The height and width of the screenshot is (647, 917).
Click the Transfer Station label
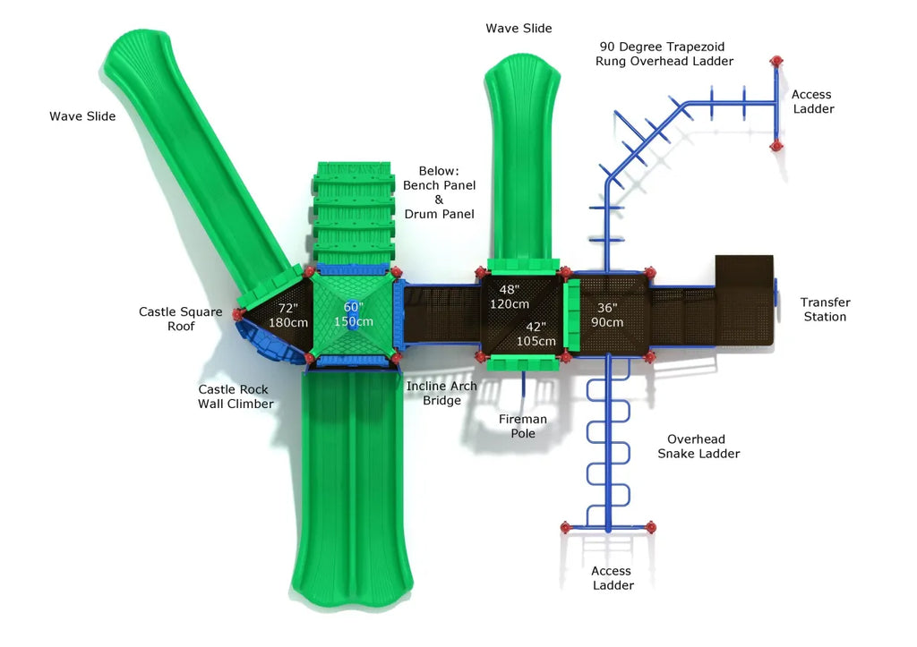tap(825, 309)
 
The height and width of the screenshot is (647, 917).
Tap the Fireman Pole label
tap(523, 426)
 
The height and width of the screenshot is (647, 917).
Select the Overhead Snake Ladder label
tap(698, 446)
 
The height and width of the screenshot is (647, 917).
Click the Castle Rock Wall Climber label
tap(236, 396)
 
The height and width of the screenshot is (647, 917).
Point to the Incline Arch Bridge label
tap(441, 393)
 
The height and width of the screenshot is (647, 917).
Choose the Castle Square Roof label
tap(181, 319)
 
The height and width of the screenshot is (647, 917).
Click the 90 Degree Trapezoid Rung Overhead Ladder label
tap(664, 54)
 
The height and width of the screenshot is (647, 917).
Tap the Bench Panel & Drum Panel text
tap(439, 192)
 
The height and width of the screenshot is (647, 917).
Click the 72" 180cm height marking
tap(287, 315)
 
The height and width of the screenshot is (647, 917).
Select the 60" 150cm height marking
tap(353, 314)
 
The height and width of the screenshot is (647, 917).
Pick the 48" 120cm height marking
tap(510, 297)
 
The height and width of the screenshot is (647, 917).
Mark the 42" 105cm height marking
tap(536, 334)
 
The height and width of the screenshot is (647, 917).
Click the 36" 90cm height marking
tap(607, 315)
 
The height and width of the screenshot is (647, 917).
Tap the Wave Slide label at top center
tap(518, 28)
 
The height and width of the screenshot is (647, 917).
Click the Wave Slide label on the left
tap(82, 116)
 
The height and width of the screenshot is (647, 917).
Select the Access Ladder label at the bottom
tap(613, 578)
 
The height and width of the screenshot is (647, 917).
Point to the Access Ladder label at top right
tap(813, 102)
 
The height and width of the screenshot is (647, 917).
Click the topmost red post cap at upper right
tap(776, 61)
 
